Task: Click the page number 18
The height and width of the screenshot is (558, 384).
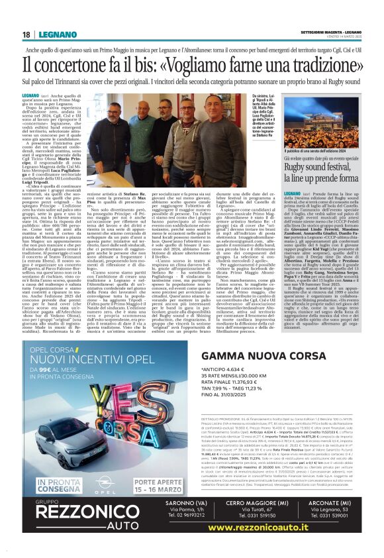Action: [x=26, y=34]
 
